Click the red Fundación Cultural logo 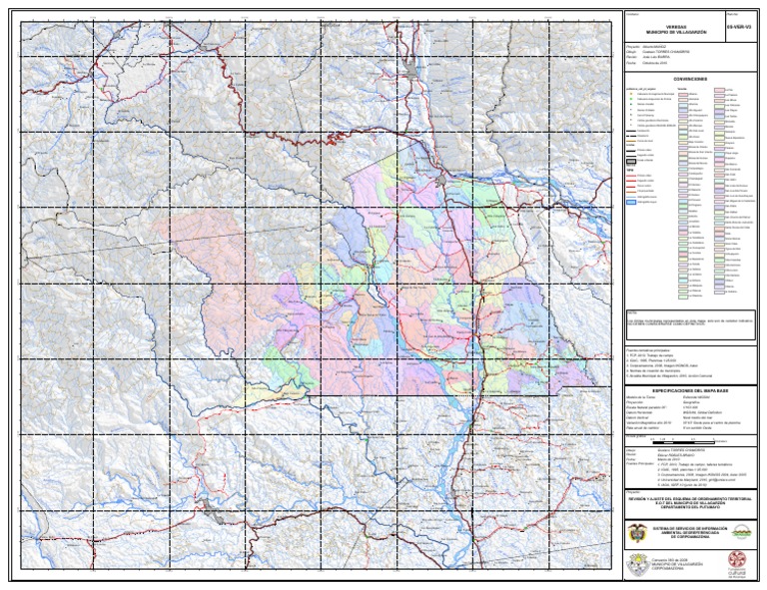point(739,564)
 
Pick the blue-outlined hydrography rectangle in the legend point(632,202)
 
